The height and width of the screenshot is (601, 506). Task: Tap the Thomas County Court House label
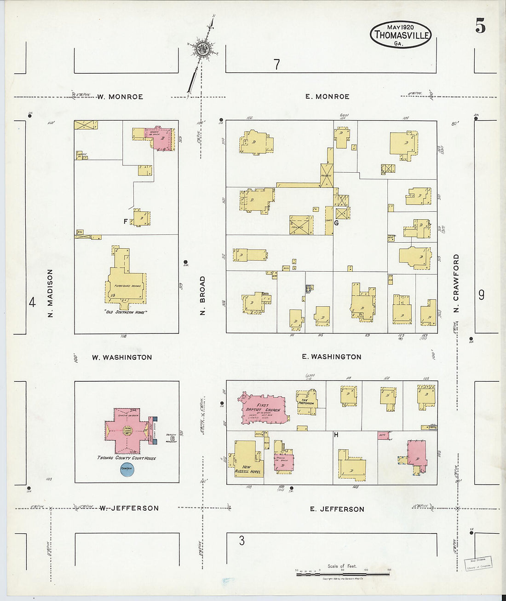pos(126,458)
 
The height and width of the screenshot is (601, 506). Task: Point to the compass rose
pos(201,48)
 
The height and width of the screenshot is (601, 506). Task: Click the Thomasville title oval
pos(401,35)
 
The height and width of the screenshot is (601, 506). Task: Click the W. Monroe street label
pos(120,97)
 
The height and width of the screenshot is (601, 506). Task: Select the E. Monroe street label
pos(327,97)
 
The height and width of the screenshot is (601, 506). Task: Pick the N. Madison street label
pos(51,293)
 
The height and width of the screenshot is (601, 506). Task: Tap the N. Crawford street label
pos(456,283)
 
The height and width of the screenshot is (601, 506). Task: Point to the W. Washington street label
pos(122,357)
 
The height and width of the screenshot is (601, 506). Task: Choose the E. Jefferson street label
pos(337,509)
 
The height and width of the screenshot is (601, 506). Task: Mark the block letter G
pos(336,223)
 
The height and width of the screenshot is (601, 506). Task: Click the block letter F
pos(125,222)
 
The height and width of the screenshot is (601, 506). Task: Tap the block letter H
pos(336,435)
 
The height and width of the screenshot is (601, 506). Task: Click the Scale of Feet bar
pos(342,574)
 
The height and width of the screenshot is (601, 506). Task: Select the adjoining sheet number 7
pos(276,65)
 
